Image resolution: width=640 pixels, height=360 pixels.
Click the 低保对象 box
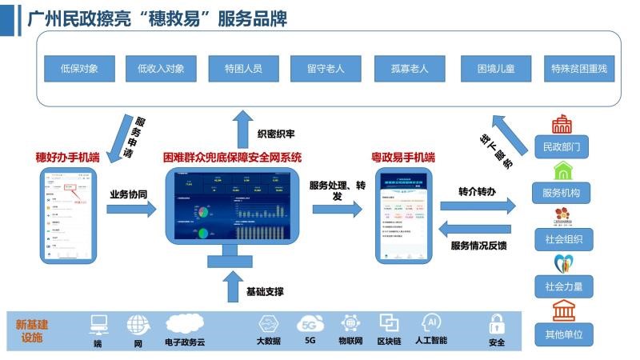[x=79, y=68]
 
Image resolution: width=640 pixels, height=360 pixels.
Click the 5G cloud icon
[x=310, y=324]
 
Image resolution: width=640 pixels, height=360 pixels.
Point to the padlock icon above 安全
[x=496, y=324]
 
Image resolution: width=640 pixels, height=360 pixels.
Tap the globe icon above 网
[x=138, y=324]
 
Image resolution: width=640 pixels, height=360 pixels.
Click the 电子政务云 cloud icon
[x=186, y=323]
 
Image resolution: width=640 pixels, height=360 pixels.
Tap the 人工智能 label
[x=430, y=342]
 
